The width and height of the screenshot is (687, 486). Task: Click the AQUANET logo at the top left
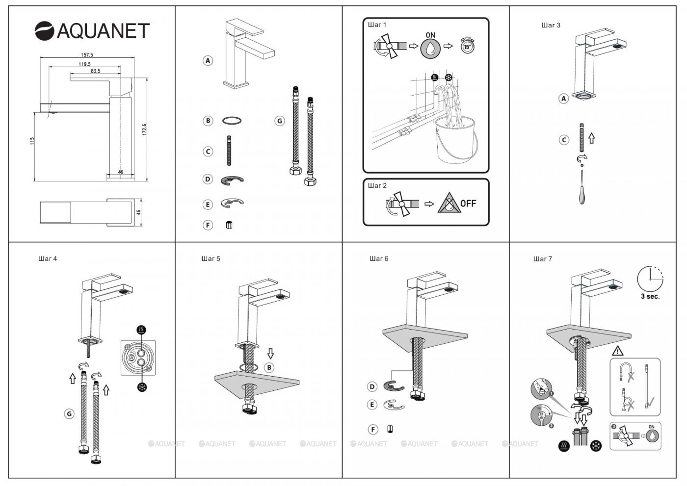pos(92,31)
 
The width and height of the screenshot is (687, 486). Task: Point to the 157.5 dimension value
pos(87,55)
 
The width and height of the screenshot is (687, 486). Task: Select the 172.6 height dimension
pos(144,130)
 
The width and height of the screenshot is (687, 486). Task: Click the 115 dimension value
pos(32,141)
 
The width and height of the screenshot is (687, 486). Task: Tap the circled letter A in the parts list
pos(208,61)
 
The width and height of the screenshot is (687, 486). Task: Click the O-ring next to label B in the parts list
pos(232,120)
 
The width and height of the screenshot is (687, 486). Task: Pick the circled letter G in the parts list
pos(279,121)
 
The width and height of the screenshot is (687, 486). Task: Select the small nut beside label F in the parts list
pos(229,225)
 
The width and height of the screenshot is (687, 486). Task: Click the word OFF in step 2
pos(468,204)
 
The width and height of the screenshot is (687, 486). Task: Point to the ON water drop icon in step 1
pos(430,47)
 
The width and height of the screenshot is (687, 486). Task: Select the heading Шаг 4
pos(48,258)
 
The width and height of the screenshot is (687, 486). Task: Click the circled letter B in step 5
pos(269,367)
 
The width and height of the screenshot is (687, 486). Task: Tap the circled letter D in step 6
pos(372,387)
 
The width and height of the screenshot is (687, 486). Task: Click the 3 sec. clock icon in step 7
pos(650,280)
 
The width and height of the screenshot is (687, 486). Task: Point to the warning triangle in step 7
pos(617,351)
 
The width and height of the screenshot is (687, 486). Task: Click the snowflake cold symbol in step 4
pos(143,387)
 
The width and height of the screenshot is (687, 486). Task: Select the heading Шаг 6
pos(378,258)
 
